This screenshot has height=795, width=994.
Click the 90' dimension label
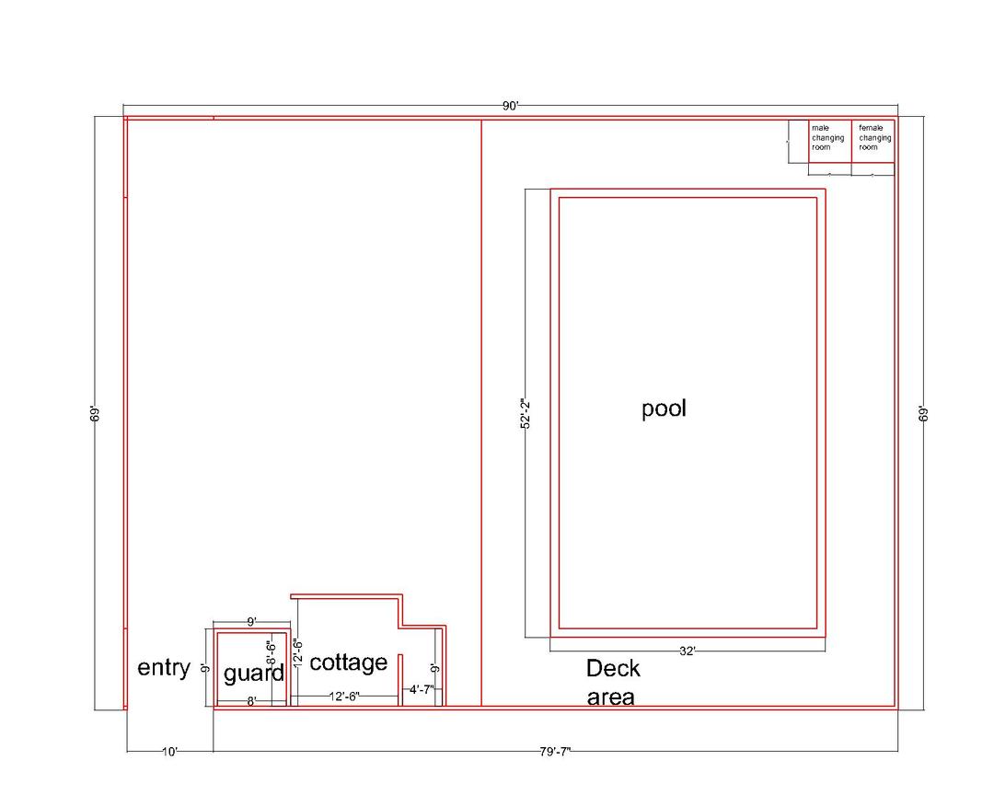[510, 106]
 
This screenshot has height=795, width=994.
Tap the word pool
[664, 409]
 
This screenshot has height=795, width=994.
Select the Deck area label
[612, 683]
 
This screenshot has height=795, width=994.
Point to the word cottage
[348, 662]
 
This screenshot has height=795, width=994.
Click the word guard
[254, 674]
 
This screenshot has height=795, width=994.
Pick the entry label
[164, 668]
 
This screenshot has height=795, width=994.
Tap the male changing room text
[828, 138]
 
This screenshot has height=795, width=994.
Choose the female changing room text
[875, 138]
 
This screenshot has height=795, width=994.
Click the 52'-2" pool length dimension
[525, 413]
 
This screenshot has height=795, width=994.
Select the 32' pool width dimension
[688, 651]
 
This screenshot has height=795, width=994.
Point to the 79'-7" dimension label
[555, 752]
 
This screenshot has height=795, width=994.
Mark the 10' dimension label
[169, 752]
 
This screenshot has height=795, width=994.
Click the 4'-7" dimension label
[422, 689]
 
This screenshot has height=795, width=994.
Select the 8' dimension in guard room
[251, 701]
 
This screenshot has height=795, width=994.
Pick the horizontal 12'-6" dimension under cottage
[344, 697]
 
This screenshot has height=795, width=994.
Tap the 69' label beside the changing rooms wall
[924, 413]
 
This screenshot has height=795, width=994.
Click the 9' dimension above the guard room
[251, 622]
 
